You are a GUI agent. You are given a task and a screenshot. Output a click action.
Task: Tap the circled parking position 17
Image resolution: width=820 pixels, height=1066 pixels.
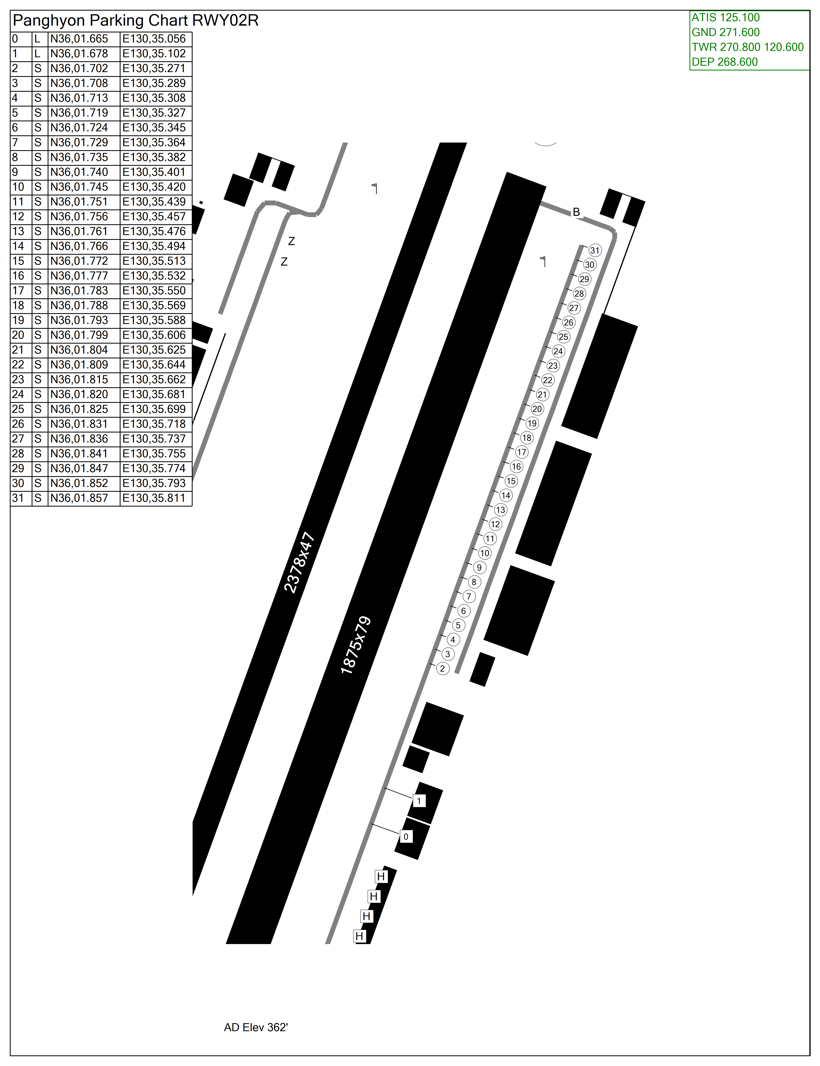[x=521, y=452]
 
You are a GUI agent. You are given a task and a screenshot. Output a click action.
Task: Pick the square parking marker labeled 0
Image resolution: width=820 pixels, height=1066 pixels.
[x=406, y=837]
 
